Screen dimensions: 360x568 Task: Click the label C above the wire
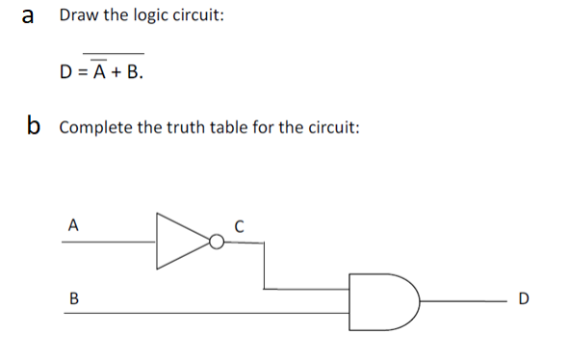[240, 227]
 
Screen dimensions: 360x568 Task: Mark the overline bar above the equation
[114, 53]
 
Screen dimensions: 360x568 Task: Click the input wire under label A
[106, 242]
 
